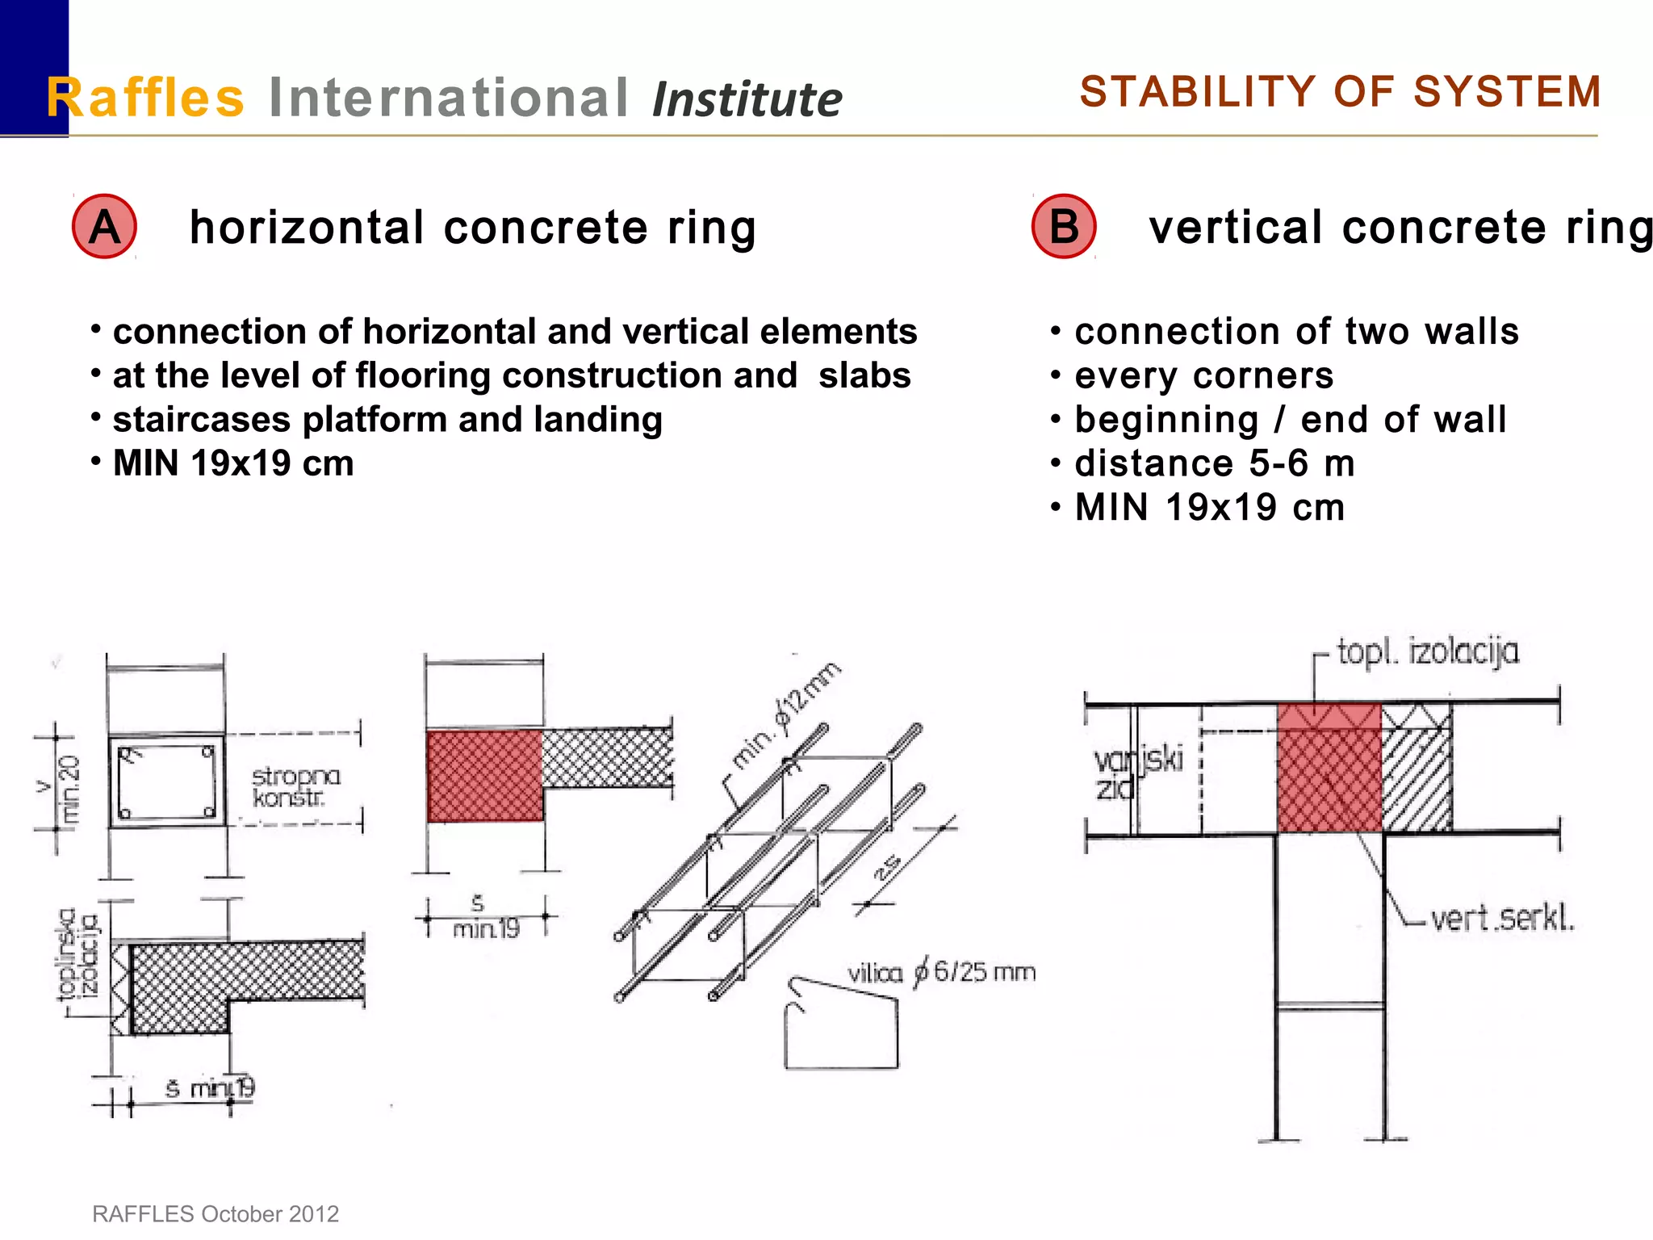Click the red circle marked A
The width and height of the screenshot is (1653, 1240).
coord(104,227)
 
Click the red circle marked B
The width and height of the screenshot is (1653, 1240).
coord(1063,227)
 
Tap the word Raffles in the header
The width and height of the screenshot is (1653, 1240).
coord(145,98)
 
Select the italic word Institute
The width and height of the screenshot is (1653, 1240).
coord(747,100)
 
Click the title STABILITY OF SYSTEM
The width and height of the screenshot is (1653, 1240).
coord(1340,91)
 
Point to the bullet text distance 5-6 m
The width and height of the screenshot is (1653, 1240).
coord(1214,463)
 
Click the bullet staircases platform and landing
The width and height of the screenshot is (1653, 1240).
coord(387,420)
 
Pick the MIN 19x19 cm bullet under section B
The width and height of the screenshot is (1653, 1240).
coord(1209,508)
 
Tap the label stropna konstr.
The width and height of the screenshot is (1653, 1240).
coord(295,787)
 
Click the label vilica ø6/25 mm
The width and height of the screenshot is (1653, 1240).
coord(941,972)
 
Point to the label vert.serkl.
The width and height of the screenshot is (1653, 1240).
coord(1501,919)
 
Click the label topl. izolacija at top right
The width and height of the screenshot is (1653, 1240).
coord(1427,651)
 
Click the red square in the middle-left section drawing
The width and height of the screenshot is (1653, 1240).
coord(484,776)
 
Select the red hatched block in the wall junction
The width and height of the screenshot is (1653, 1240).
coord(1329,767)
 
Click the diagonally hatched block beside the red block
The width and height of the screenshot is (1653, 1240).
coord(1417,780)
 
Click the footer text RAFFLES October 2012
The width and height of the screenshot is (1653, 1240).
coord(216,1213)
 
